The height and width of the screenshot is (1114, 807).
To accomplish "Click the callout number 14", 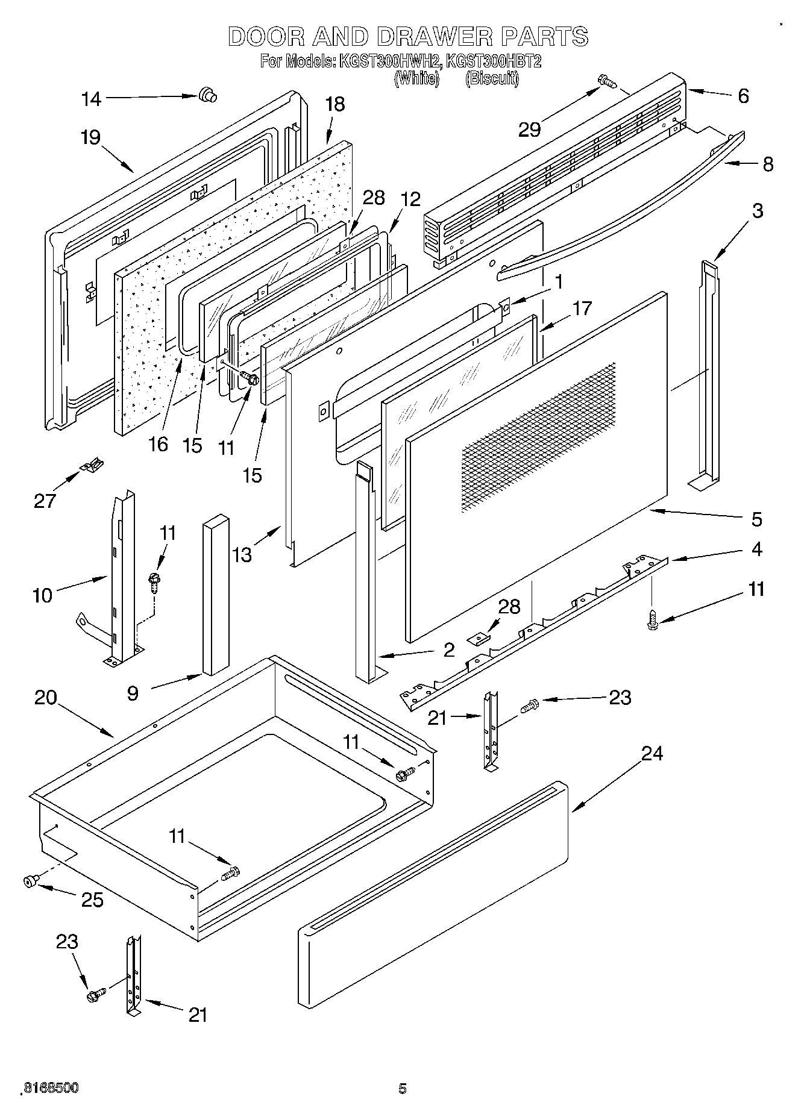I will pos(92,99).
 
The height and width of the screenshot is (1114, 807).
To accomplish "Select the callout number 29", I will pos(530,129).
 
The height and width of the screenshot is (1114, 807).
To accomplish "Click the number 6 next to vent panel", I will pos(743,96).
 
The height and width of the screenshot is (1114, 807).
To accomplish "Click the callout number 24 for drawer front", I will pos(652,753).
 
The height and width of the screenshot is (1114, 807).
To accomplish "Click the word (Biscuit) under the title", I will pos(492,78).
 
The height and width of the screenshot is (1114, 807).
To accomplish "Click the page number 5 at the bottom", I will pos(403,1088).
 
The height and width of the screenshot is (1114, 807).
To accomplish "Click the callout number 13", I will pos(242,554).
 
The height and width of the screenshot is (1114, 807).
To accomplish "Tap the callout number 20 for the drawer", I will pos(45,697).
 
